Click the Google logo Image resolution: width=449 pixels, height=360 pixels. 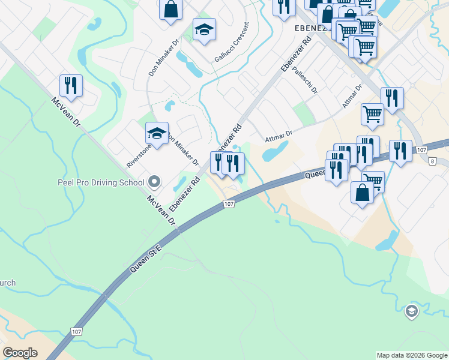(20, 353)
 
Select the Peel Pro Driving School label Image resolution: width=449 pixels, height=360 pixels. (101, 182)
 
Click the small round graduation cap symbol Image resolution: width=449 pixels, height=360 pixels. (411, 310)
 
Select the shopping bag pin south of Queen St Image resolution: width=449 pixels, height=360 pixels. (362, 193)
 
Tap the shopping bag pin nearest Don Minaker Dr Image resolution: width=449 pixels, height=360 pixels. (171, 10)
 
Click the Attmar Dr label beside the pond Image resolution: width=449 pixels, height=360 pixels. (279, 137)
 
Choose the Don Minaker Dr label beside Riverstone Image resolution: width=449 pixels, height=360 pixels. (184, 150)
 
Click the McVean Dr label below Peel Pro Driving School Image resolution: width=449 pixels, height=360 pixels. (162, 211)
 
